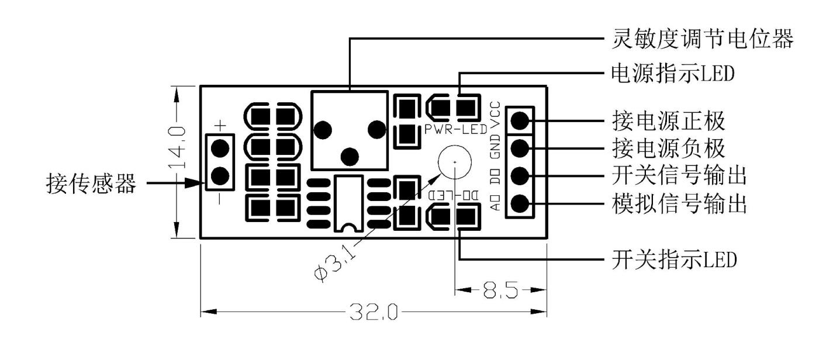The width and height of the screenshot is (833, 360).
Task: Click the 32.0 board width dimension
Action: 374,311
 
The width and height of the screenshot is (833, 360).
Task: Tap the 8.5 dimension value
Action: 500,290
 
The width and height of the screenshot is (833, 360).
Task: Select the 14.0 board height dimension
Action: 177,147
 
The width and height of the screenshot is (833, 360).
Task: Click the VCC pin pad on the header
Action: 520,120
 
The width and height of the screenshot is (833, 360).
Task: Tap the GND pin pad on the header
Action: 520,148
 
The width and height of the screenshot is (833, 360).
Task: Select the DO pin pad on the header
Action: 520,176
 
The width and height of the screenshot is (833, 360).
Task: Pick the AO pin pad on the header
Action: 520,203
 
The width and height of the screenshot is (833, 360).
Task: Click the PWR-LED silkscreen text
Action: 456,129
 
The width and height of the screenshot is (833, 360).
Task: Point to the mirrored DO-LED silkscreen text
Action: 454,195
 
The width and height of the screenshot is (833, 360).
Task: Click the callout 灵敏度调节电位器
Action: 703,39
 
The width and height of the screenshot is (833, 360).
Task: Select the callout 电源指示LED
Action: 673,73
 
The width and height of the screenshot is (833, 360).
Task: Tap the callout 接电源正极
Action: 669,121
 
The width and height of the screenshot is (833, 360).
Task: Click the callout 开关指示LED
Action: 674,259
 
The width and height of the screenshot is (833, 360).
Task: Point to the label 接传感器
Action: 91,184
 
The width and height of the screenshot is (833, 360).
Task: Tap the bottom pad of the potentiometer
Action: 350,157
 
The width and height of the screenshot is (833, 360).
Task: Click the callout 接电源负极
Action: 669,148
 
